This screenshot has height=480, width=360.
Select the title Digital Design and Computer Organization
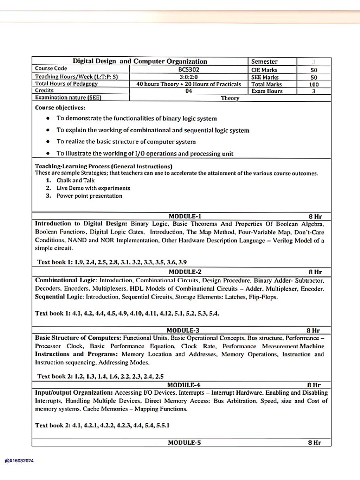(140, 61)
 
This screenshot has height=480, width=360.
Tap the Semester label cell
(264, 61)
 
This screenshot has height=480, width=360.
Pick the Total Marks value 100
(314, 84)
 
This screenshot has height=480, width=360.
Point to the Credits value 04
(188, 91)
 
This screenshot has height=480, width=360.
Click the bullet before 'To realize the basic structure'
(48, 142)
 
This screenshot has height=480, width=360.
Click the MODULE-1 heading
(185, 217)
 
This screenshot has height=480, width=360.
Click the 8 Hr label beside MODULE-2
(315, 272)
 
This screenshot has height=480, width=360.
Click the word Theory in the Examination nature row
(230, 98)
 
